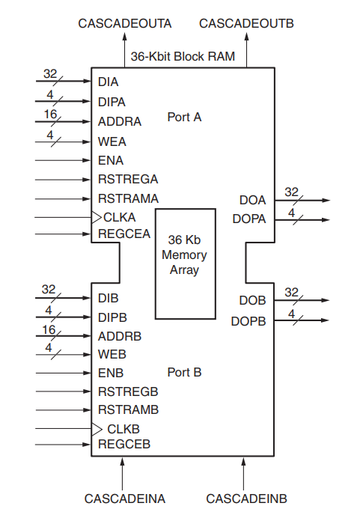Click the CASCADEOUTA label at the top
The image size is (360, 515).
pos(125,24)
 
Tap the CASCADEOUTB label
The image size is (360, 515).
pos(246,24)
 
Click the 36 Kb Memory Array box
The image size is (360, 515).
pos(184,263)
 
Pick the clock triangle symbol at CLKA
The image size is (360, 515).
pos(96,217)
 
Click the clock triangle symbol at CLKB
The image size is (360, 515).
pos(96,429)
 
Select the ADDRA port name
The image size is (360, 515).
pos(119,121)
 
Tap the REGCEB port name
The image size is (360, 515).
pos(124,445)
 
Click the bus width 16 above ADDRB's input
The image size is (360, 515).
pos(49,329)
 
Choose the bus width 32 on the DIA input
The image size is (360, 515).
pos(50,73)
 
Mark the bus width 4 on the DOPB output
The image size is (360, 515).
pos(292,314)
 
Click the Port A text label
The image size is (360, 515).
pos(184,118)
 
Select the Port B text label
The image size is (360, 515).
pos(184,372)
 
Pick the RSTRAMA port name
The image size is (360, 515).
pos(128,198)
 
